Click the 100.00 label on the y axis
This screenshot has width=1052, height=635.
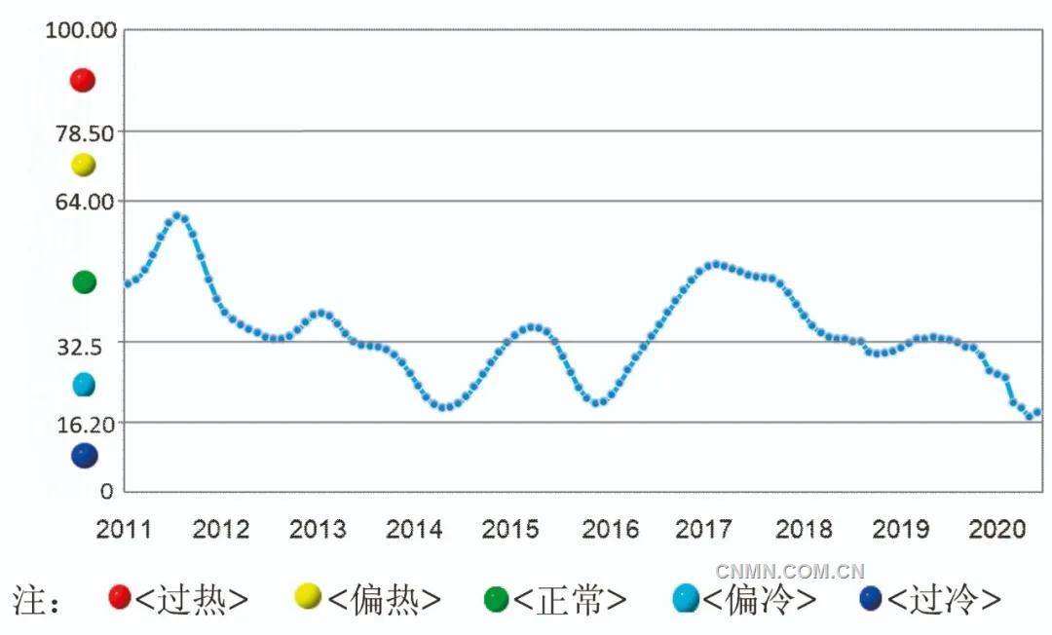click(82, 29)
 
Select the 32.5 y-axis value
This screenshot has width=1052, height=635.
click(94, 343)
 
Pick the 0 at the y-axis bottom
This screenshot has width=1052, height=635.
click(107, 491)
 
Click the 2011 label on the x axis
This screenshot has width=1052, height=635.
click(124, 530)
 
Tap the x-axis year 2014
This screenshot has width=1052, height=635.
click(414, 530)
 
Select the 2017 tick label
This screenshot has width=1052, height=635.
click(704, 530)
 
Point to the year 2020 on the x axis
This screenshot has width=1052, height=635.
click(995, 530)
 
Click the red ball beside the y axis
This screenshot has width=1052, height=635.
click(83, 80)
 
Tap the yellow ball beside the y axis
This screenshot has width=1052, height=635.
click(83, 165)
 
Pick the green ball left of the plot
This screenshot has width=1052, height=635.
click(84, 282)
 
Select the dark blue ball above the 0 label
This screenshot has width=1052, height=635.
click(84, 455)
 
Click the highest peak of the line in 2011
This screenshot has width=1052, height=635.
click(177, 215)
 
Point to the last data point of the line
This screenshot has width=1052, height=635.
click(1037, 412)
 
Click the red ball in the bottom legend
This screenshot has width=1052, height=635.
click(120, 597)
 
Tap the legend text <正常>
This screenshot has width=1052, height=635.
click(569, 599)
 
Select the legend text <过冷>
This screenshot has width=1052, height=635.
click(944, 599)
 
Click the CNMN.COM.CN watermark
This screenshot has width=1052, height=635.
click(790, 571)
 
